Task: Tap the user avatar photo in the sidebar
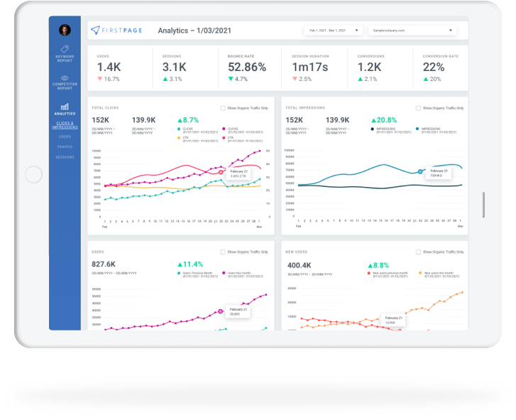click(x=65, y=30)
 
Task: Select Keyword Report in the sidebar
click(x=65, y=54)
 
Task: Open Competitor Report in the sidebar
click(x=65, y=82)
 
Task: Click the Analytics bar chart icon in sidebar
click(x=65, y=107)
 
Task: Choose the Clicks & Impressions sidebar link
click(x=65, y=125)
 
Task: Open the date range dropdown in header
click(x=333, y=31)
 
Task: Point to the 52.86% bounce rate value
click(x=247, y=68)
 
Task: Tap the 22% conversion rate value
click(x=433, y=68)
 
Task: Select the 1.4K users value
click(x=109, y=68)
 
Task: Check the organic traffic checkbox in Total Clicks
click(x=223, y=108)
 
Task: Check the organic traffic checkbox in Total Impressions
click(x=418, y=108)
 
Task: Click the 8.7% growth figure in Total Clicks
click(x=188, y=120)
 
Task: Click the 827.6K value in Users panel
click(x=104, y=264)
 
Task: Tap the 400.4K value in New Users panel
click(x=298, y=264)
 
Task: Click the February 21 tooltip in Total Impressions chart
click(x=438, y=173)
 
